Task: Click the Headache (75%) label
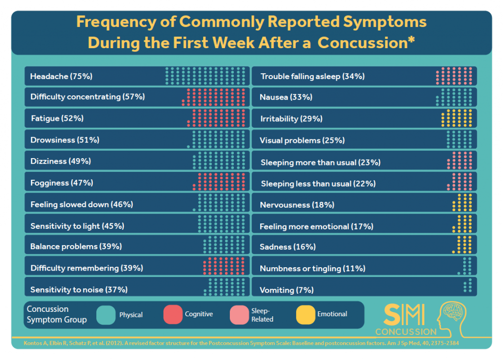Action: (x=61, y=76)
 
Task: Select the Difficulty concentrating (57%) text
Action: (x=87, y=97)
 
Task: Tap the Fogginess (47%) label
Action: (x=61, y=183)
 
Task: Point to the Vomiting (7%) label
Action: (x=286, y=290)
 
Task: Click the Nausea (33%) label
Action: (x=286, y=97)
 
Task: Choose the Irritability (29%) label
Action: (x=291, y=119)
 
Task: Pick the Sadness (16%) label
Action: (x=287, y=247)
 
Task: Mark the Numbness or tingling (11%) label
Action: (x=312, y=268)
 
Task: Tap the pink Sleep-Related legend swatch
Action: (x=239, y=315)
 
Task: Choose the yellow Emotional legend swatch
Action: (x=306, y=315)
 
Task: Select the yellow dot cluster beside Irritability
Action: (x=457, y=119)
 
